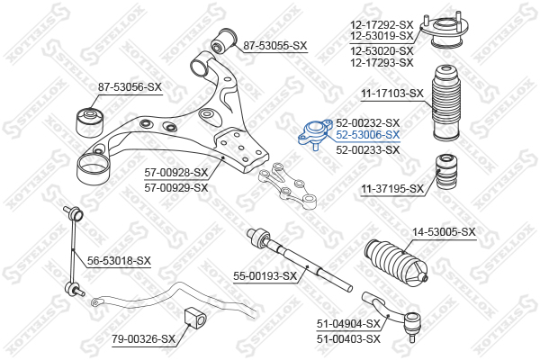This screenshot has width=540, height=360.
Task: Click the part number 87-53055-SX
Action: (x=274, y=46)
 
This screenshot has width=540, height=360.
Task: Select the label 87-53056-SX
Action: (x=130, y=87)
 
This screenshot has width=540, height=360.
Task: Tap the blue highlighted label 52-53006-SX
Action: (x=368, y=135)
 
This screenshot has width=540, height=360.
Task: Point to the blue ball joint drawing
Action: (x=315, y=134)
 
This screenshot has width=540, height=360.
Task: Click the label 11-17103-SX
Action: (x=392, y=94)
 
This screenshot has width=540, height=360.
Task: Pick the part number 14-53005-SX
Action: (x=445, y=232)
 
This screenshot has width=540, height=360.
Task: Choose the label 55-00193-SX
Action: (x=265, y=276)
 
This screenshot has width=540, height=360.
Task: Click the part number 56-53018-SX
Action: (x=119, y=261)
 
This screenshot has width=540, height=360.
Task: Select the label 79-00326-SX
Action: (x=144, y=339)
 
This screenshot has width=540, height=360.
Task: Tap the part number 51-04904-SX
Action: (x=348, y=324)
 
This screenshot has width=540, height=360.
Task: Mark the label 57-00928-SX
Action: (x=176, y=172)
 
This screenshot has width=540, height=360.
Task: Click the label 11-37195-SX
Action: (x=392, y=189)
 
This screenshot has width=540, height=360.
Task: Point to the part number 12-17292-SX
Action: (x=382, y=25)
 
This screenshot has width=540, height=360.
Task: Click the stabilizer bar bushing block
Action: (x=195, y=318)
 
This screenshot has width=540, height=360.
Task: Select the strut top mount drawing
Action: (x=445, y=31)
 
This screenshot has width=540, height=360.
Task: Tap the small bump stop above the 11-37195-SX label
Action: (x=447, y=171)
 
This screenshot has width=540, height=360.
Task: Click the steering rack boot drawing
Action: (x=396, y=263)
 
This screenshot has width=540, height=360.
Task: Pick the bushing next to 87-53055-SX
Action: (x=224, y=40)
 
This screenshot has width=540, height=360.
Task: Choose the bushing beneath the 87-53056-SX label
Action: (x=89, y=122)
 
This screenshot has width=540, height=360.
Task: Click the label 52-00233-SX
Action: (x=368, y=150)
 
